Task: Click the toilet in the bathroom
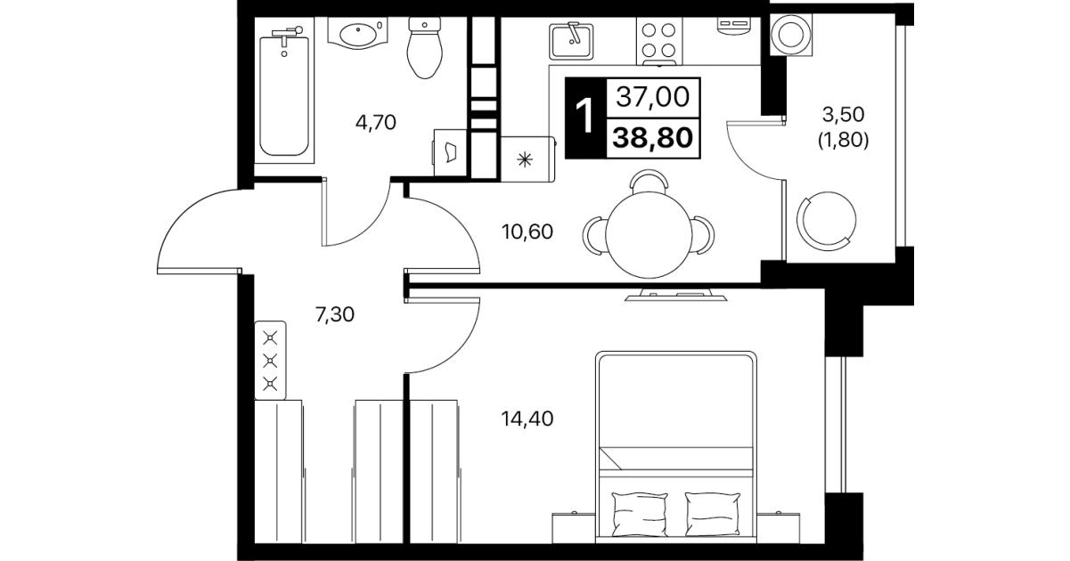click(425, 48)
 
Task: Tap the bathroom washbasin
click(358, 34)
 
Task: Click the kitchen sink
click(571, 41)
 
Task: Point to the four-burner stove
click(658, 42)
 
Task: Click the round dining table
click(649, 235)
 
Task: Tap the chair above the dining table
click(649, 181)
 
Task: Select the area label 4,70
click(375, 123)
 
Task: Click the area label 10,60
click(527, 232)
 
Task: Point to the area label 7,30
click(335, 314)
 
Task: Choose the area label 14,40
click(527, 419)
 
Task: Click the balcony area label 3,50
click(843, 114)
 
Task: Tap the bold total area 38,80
click(652, 138)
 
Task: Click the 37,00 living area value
click(652, 97)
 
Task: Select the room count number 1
click(584, 117)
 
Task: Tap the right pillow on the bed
click(712, 514)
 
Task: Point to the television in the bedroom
click(675, 295)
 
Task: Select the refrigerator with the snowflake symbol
click(527, 159)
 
